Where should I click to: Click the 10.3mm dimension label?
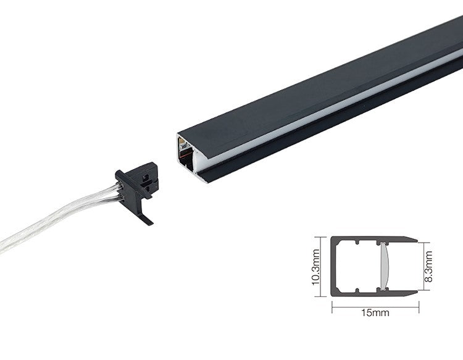pyautogui.click(x=315, y=267)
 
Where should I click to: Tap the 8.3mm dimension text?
pyautogui.click(x=428, y=266)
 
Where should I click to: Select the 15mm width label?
pyautogui.click(x=375, y=312)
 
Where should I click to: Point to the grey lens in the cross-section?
pyautogui.click(x=384, y=266)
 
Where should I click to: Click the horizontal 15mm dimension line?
pyautogui.click(x=375, y=307)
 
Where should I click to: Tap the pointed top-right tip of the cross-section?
pyautogui.click(x=417, y=241)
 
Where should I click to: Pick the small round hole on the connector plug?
pyautogui.click(x=144, y=178)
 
